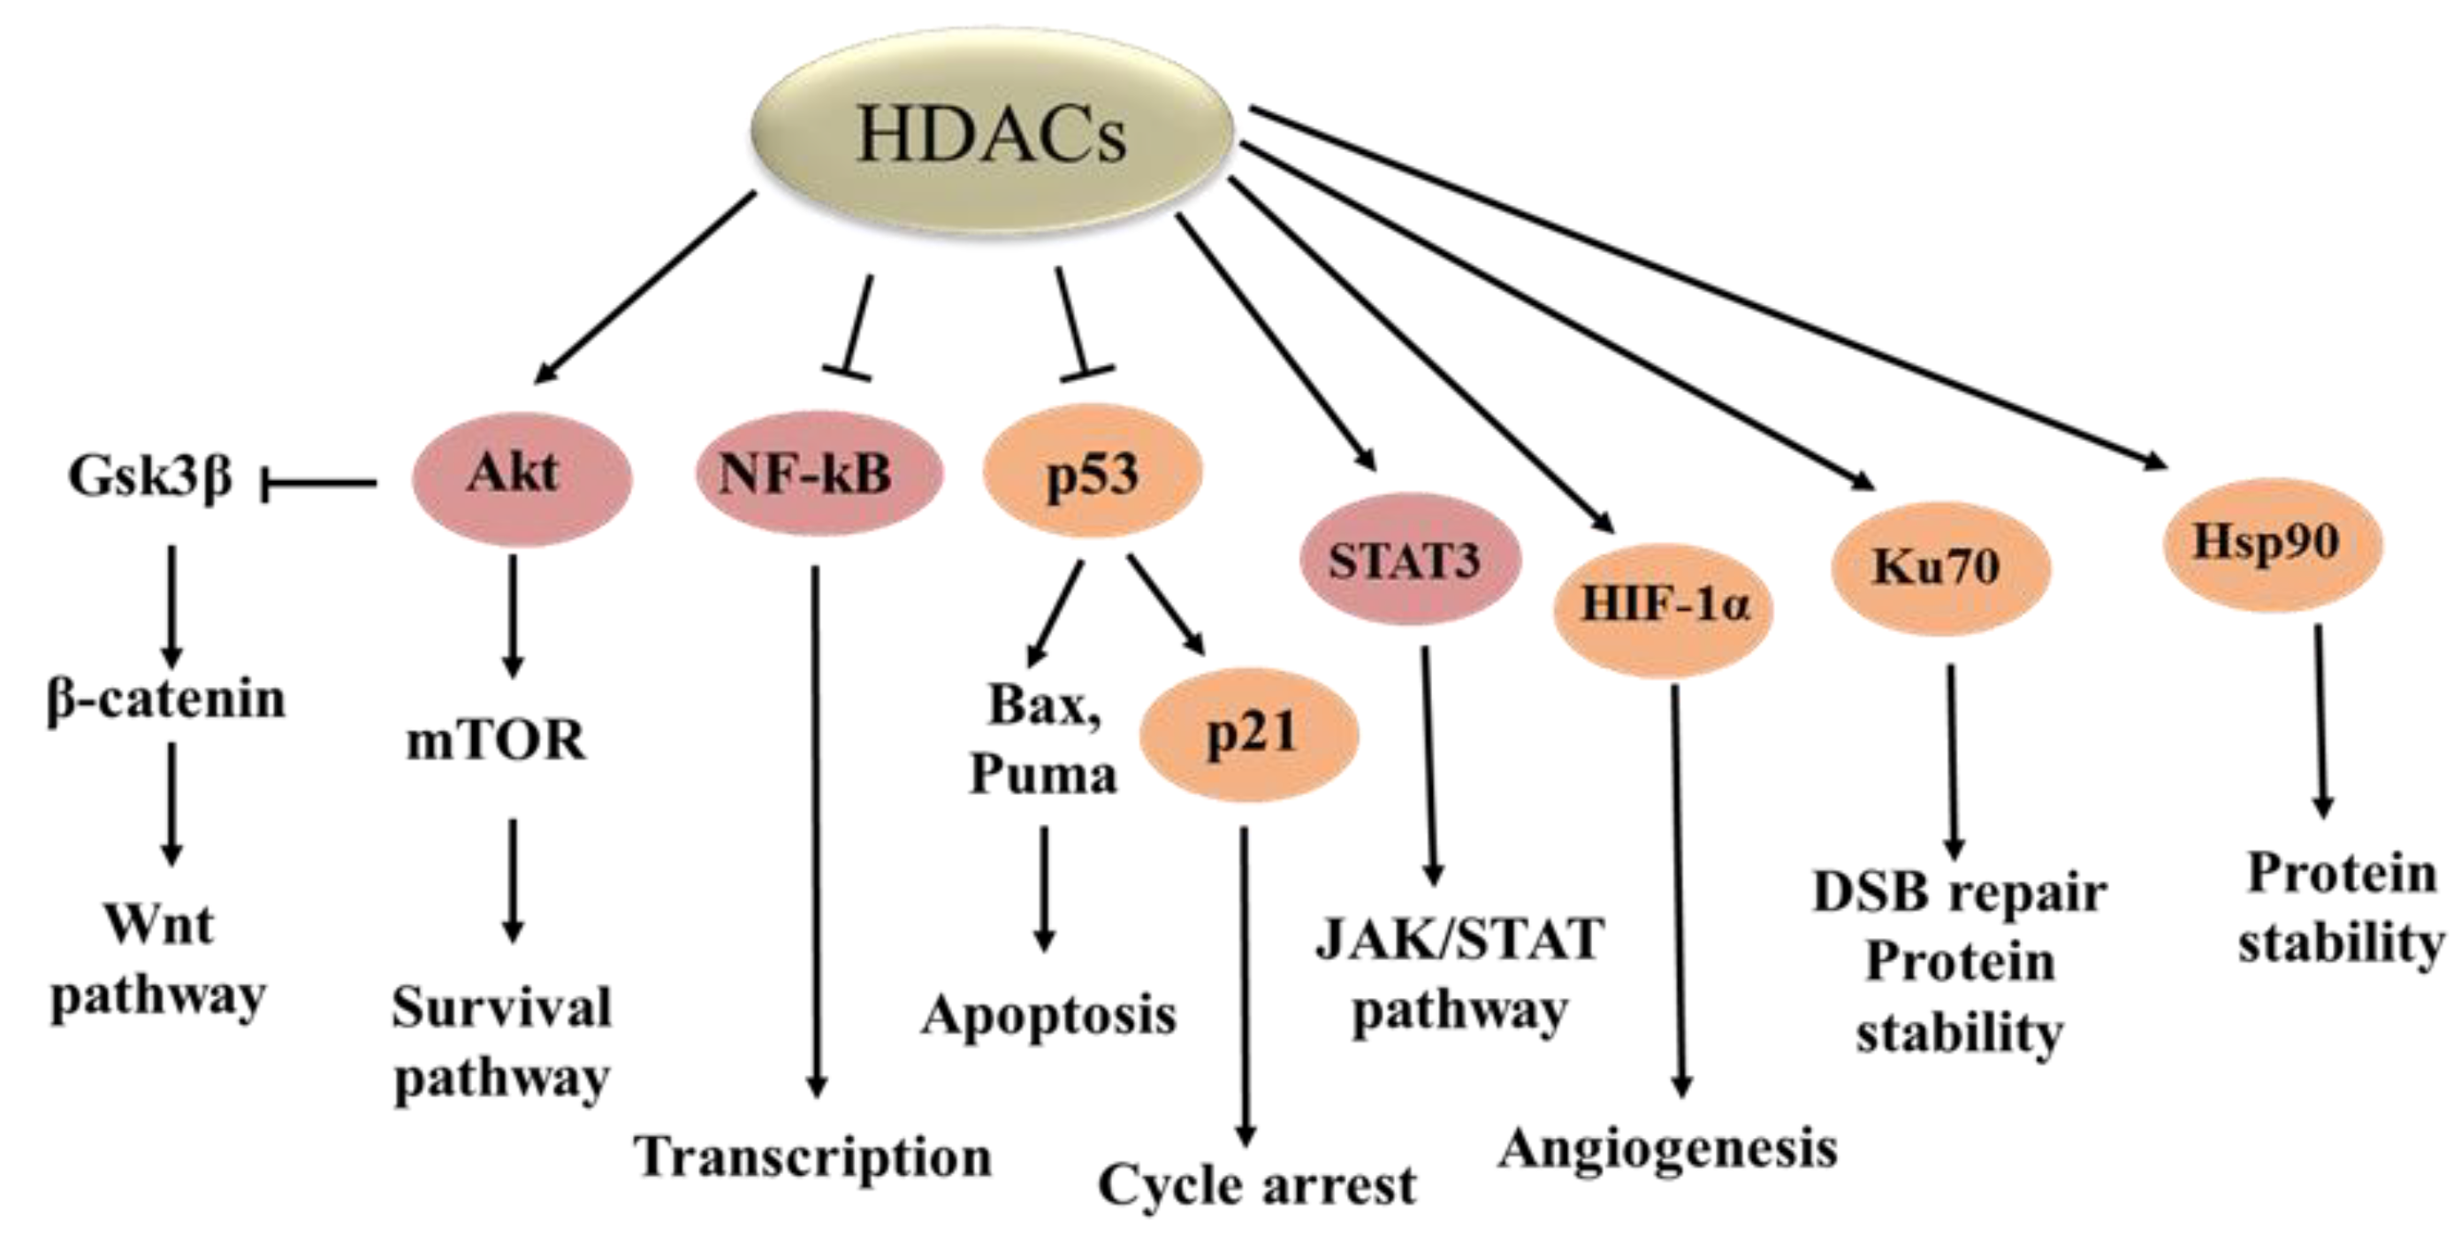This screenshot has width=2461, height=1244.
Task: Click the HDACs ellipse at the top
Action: pyautogui.click(x=992, y=134)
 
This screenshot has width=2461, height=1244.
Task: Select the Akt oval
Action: pyautogui.click(x=522, y=475)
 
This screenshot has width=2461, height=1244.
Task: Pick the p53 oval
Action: pyautogui.click(x=1093, y=472)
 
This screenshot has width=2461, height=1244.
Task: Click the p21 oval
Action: pyautogui.click(x=1250, y=734)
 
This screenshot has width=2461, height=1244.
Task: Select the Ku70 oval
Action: pyautogui.click(x=1940, y=567)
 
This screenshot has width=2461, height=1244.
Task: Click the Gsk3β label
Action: pyautogui.click(x=151, y=475)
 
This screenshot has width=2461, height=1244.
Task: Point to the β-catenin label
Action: pyautogui.click(x=166, y=699)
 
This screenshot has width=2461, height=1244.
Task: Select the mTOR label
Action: pyautogui.click(x=497, y=742)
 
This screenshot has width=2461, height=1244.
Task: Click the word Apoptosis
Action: pyautogui.click(x=1049, y=1015)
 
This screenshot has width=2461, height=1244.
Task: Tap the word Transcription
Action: pyautogui.click(x=814, y=1157)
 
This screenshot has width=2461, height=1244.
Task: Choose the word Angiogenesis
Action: pyautogui.click(x=1668, y=1148)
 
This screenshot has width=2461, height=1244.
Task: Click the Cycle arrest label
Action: pyautogui.click(x=1257, y=1186)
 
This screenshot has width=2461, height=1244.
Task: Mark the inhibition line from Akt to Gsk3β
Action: pyautogui.click(x=318, y=484)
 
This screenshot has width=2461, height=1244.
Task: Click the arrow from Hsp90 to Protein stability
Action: pyautogui.click(x=2320, y=721)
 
